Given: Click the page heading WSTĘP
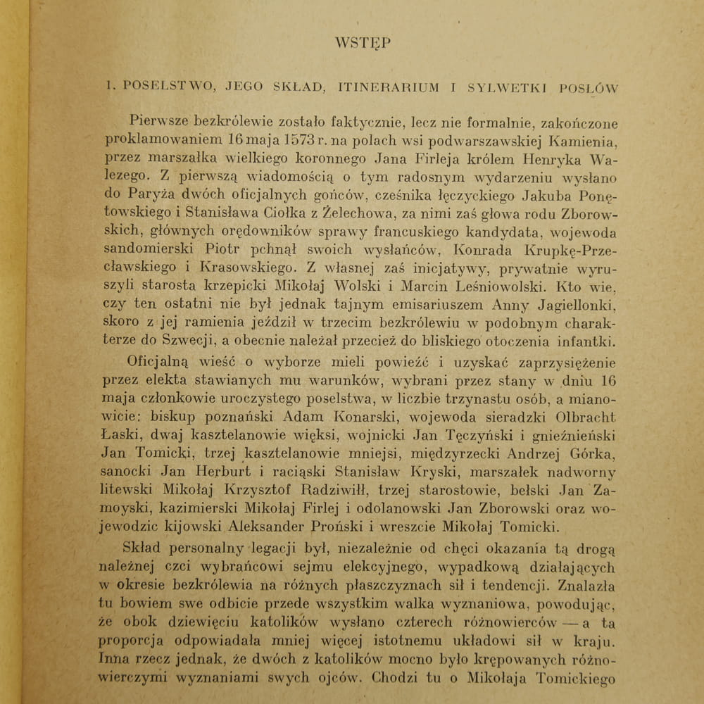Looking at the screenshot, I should pos(363,42).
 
